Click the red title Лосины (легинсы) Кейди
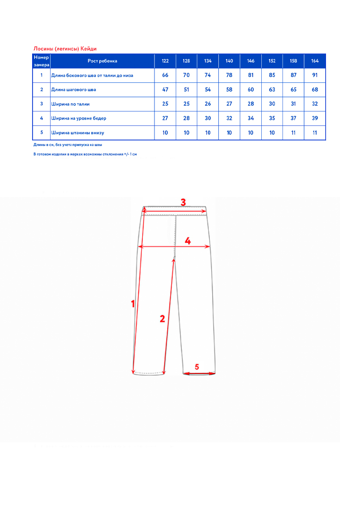pos(65,48)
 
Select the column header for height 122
pos(165,61)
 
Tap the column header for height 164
pos(315,61)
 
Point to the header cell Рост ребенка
pos(103,61)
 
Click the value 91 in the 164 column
pos(315,75)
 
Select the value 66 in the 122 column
pos(165,75)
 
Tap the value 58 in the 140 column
pos(229,90)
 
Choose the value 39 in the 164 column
pos(315,118)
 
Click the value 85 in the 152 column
pos(272,75)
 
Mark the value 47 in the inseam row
pos(165,90)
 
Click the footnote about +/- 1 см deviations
pos(85,155)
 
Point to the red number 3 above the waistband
pos(183,202)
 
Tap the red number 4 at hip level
pos(188,241)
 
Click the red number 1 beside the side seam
pos(133,304)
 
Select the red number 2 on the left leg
pos(162,319)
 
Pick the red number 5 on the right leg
pos(197,366)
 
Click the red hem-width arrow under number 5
pos(199,373)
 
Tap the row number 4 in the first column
pos(42,118)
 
